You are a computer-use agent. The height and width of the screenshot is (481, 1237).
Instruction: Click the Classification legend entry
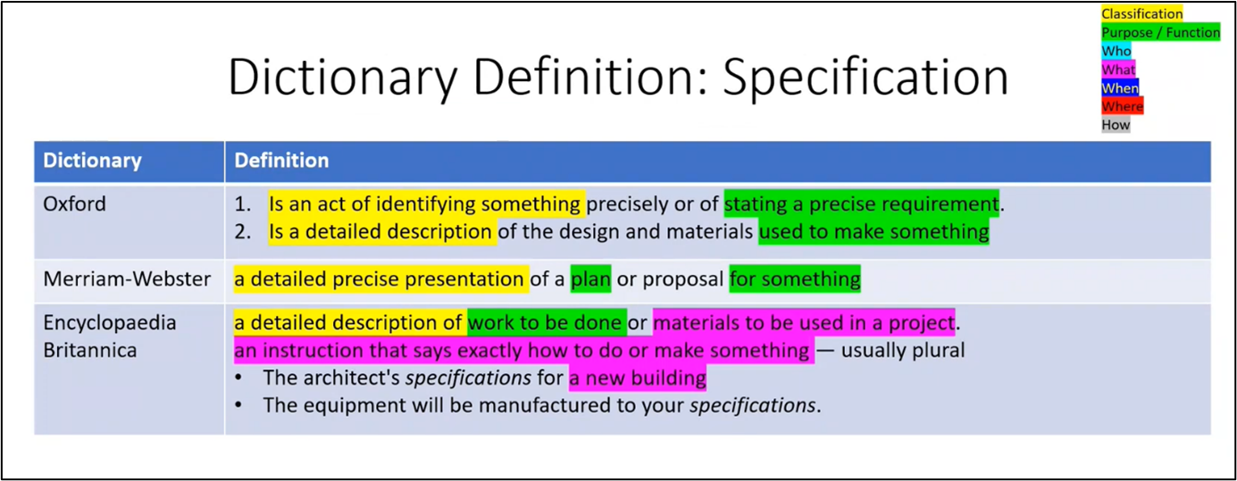pyautogui.click(x=1141, y=14)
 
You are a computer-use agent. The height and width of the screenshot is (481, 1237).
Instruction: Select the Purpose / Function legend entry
pyautogui.click(x=1160, y=33)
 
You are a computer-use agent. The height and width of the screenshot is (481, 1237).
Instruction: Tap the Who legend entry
pyautogui.click(x=1116, y=52)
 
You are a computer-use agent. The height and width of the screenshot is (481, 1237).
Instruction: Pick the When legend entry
pyautogui.click(x=1120, y=88)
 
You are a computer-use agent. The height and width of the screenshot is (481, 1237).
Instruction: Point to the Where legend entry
pyautogui.click(x=1122, y=106)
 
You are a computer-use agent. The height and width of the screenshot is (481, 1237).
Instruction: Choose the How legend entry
pyautogui.click(x=1116, y=125)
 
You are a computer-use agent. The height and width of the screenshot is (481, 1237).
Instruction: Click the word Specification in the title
pyautogui.click(x=865, y=78)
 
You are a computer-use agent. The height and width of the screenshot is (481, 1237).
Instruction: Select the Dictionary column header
pyautogui.click(x=92, y=161)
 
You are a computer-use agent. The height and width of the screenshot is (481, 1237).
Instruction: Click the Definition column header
pyautogui.click(x=281, y=161)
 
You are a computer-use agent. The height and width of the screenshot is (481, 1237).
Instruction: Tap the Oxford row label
pyautogui.click(x=74, y=203)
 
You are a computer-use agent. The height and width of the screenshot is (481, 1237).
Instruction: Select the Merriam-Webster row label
pyautogui.click(x=127, y=279)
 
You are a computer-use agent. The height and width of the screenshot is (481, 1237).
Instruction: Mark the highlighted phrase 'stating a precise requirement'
pyautogui.click(x=861, y=203)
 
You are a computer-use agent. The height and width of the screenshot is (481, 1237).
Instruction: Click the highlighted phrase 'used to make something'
pyautogui.click(x=873, y=232)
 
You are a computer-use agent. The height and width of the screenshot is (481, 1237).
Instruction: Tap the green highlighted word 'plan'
pyautogui.click(x=590, y=279)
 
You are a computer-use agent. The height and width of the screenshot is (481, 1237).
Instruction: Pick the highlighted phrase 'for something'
pyautogui.click(x=795, y=279)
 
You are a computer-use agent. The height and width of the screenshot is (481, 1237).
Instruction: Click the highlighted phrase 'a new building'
pyautogui.click(x=638, y=377)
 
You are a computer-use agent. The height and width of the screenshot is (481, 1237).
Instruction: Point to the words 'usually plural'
pyautogui.click(x=903, y=350)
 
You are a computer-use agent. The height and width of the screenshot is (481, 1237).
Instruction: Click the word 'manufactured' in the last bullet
pyautogui.click(x=536, y=405)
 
